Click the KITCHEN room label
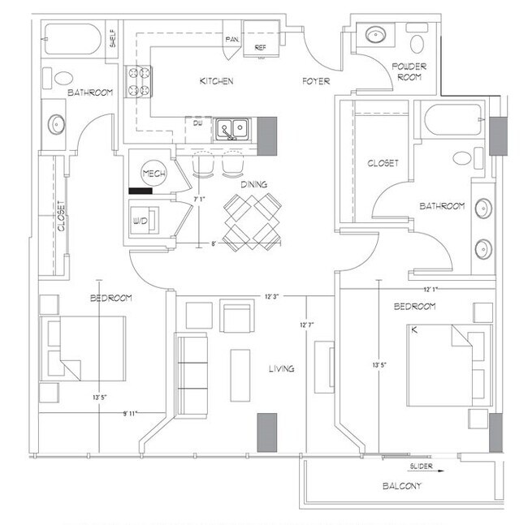pyautogui.click(x=217, y=81)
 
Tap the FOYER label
pyautogui.click(x=315, y=81)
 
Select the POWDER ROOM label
pyautogui.click(x=409, y=71)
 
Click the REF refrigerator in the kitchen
pyautogui.click(x=261, y=47)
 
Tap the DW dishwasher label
pyautogui.click(x=197, y=123)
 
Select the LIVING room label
pyautogui.click(x=282, y=369)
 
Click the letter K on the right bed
pyautogui.click(x=415, y=331)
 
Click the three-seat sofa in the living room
pyautogui.click(x=193, y=374)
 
